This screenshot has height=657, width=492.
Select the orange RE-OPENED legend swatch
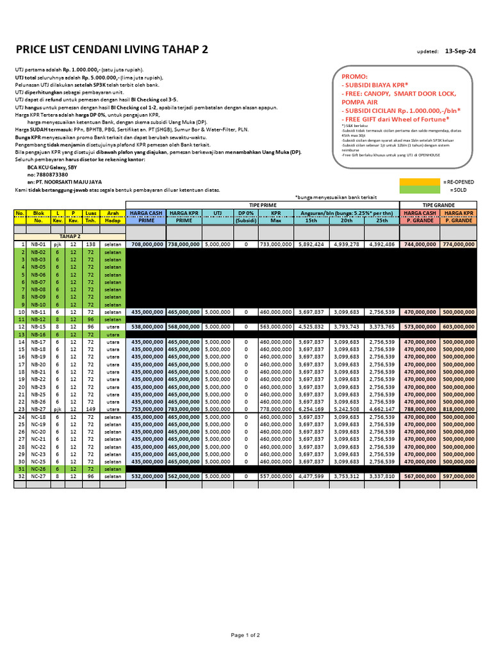pyautogui.click(x=419, y=182)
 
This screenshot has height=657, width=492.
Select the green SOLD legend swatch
pyautogui.click(x=419, y=190)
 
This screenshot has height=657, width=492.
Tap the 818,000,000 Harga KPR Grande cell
pyautogui.click(x=458, y=409)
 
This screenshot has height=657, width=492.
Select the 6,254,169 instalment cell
pyautogui.click(x=312, y=409)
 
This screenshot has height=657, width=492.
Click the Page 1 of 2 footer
pyautogui.click(x=245, y=635)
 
